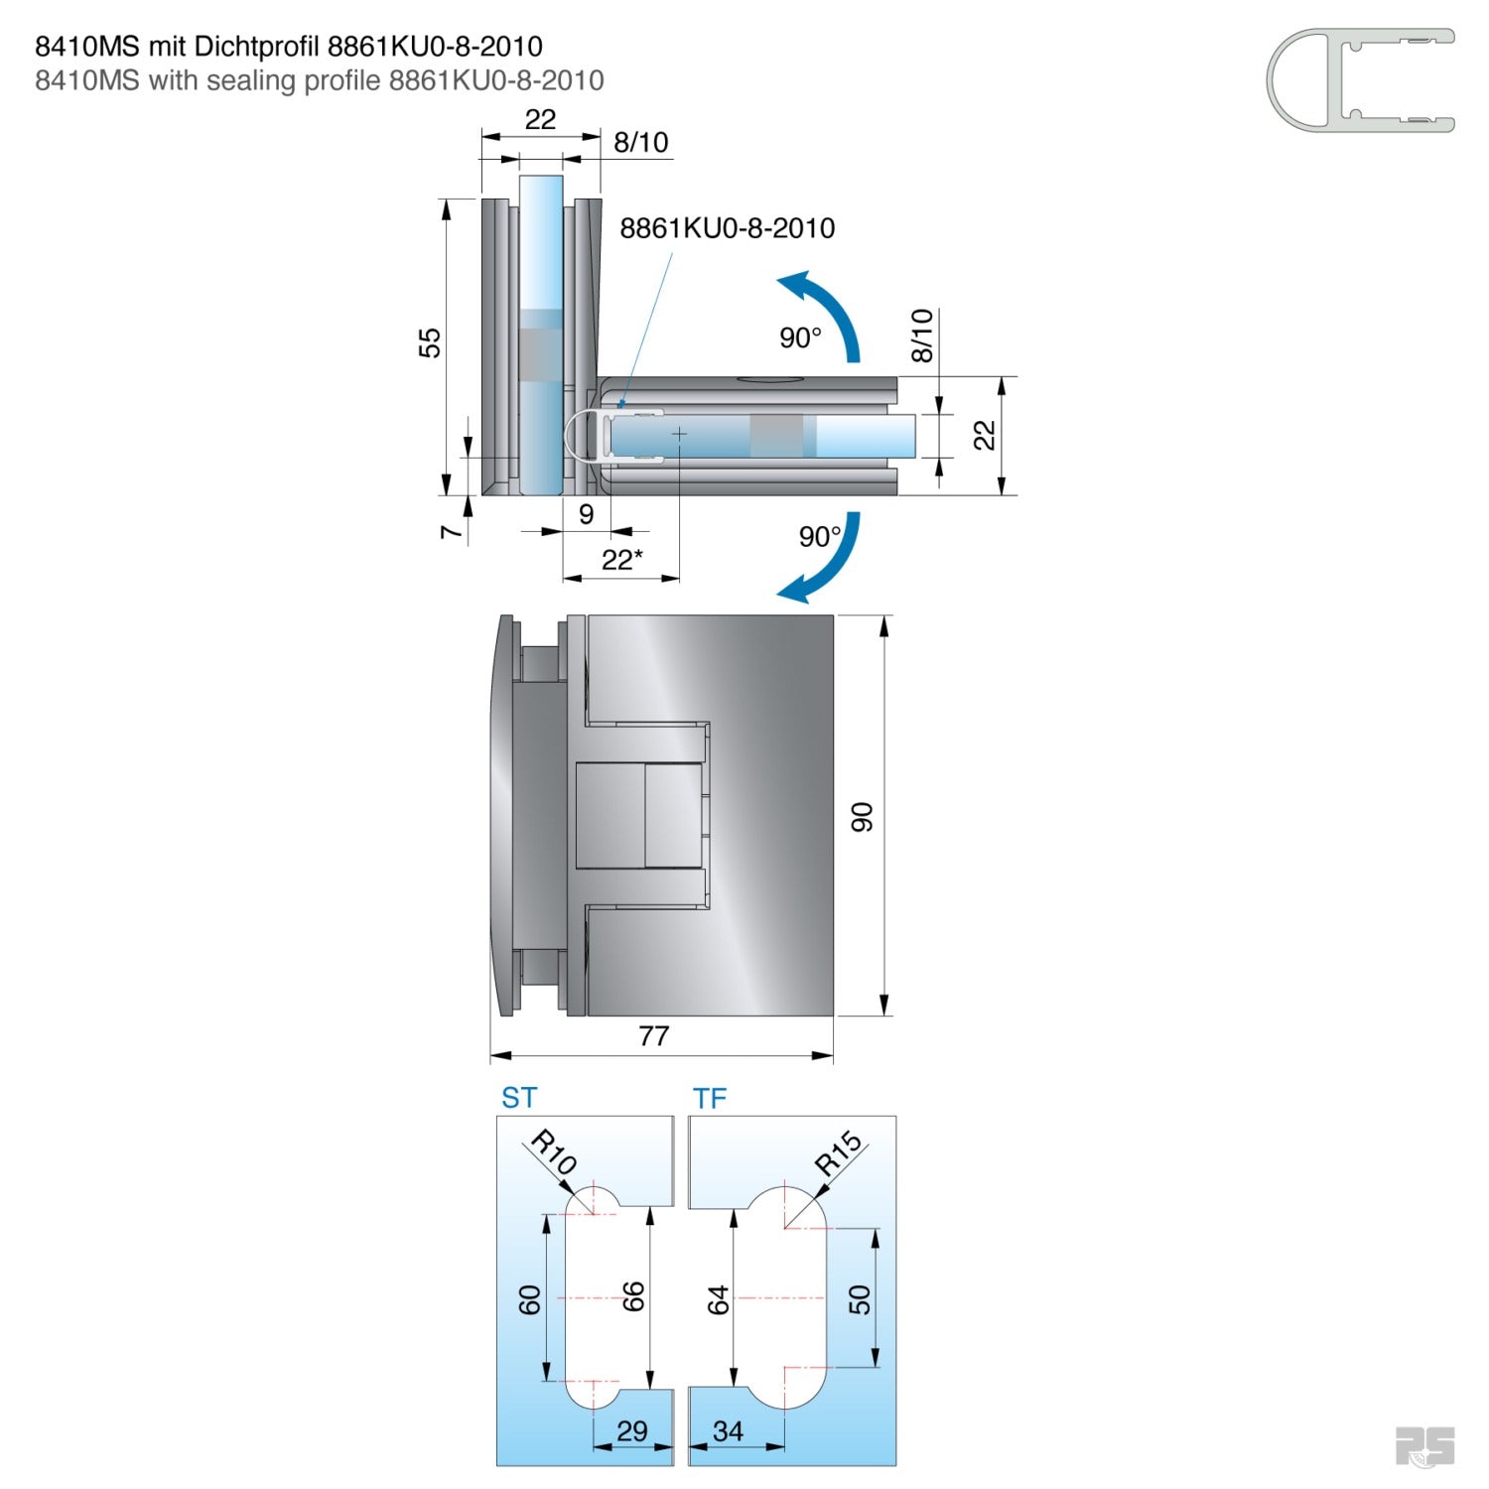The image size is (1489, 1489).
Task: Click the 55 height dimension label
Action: coord(429,343)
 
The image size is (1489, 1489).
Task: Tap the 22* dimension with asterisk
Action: coord(621,560)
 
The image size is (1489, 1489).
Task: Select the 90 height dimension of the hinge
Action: coord(862,817)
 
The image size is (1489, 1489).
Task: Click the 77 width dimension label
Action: coord(653,1036)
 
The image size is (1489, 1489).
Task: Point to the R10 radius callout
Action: coord(553,1151)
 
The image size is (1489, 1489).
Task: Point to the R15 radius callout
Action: coord(839,1152)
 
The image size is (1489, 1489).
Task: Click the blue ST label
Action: coord(519,1098)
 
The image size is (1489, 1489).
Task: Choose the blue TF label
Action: coord(710,1099)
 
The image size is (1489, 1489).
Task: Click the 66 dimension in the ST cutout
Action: coord(632,1296)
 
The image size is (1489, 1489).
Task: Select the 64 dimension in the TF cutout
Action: coord(718,1299)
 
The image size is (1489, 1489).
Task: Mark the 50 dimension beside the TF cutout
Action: coord(860,1299)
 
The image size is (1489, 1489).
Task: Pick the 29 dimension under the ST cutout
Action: coord(631,1430)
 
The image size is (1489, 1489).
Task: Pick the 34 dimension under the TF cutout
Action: coord(728,1430)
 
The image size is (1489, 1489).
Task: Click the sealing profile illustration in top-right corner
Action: coord(1360,80)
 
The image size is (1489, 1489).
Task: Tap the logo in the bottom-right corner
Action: coord(1424,1446)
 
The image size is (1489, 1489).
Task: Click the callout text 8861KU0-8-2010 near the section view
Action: coord(727,228)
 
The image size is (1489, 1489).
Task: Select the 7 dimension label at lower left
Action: coord(451,532)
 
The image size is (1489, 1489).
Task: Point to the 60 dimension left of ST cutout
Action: coord(530,1299)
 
